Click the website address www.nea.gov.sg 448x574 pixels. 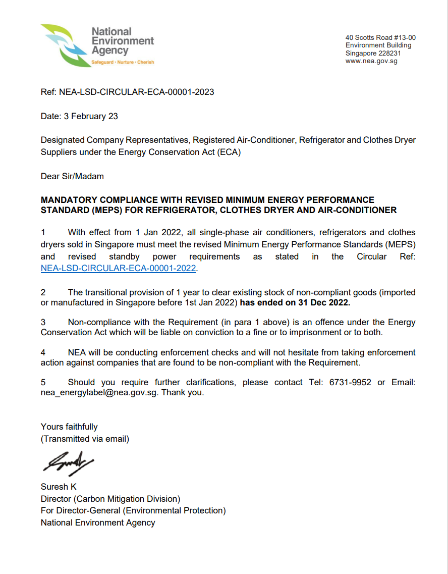[x=371, y=61]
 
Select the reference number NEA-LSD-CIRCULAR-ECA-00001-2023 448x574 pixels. [x=136, y=92]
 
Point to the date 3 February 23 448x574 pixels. [x=91, y=116]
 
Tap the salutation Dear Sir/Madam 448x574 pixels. [x=72, y=176]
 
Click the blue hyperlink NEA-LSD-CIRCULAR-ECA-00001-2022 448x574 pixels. [x=118, y=269]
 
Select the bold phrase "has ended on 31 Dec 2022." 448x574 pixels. [x=295, y=303]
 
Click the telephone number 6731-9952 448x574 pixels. [x=350, y=382]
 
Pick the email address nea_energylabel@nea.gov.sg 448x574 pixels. [x=99, y=392]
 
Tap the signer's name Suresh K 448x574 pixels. [x=59, y=487]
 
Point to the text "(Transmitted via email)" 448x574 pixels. [x=85, y=439]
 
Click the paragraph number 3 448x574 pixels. [x=43, y=322]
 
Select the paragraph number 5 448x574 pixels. [x=43, y=382]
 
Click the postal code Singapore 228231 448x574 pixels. [x=373, y=53]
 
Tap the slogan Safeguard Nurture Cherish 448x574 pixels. [x=122, y=63]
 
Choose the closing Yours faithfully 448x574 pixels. [x=69, y=427]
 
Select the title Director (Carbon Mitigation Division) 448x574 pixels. [x=110, y=499]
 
